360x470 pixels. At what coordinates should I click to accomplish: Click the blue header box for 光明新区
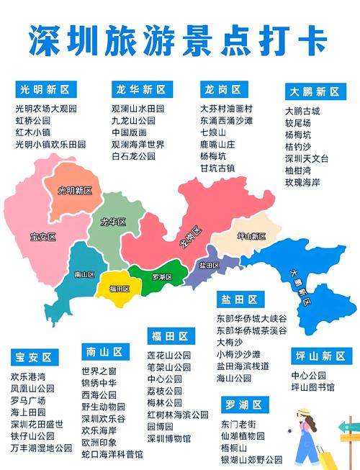(x=45, y=90)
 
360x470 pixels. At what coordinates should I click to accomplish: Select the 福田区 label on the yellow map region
(x=120, y=289)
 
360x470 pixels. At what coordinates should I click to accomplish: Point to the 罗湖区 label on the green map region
(x=163, y=277)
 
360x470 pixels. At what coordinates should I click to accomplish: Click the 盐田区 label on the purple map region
(x=209, y=265)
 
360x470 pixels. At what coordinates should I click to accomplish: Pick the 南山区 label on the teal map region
(x=85, y=274)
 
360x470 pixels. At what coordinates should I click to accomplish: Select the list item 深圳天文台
(x=307, y=158)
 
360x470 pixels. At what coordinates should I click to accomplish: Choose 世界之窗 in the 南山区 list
(x=99, y=371)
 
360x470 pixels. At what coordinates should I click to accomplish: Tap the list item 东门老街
(x=238, y=424)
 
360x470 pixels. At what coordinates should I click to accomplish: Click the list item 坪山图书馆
(x=312, y=387)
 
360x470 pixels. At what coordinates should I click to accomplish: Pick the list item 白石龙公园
(x=133, y=155)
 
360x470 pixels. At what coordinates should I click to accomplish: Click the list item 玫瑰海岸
(x=302, y=182)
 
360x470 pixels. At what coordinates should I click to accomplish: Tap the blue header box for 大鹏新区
(x=315, y=92)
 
